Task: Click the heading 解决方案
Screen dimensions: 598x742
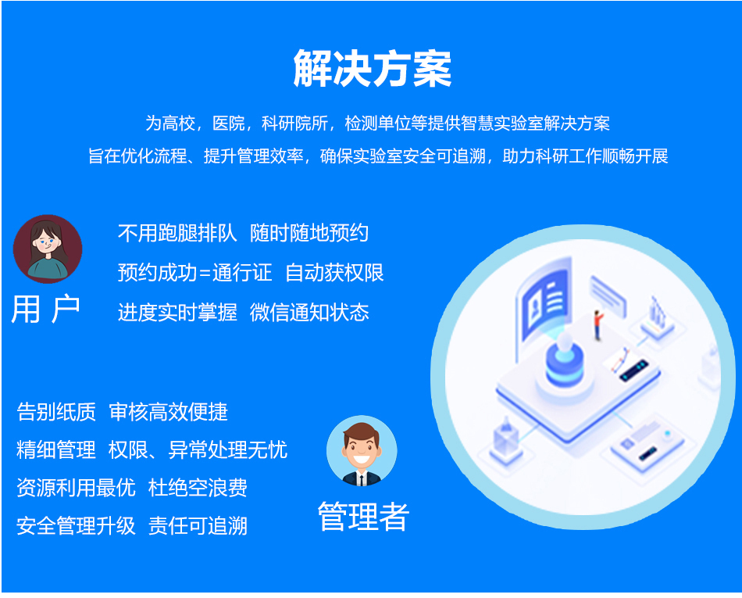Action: (372, 69)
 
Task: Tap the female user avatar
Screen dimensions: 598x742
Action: (48, 249)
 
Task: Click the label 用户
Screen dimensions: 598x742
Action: (46, 310)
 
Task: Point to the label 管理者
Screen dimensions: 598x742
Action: (362, 517)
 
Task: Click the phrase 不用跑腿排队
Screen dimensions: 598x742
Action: (177, 233)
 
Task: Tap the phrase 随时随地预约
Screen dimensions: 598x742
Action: (309, 233)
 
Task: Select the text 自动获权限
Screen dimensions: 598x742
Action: (334, 273)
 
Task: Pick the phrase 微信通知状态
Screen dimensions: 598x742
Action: (309, 313)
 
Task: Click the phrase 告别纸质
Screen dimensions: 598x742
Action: (56, 412)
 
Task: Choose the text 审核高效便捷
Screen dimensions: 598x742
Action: (169, 412)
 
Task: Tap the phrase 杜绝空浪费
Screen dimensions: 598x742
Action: (198, 488)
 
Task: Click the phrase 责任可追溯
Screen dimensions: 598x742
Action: (198, 526)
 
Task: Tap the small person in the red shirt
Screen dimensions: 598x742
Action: (598, 324)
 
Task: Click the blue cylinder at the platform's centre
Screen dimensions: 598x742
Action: (564, 366)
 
